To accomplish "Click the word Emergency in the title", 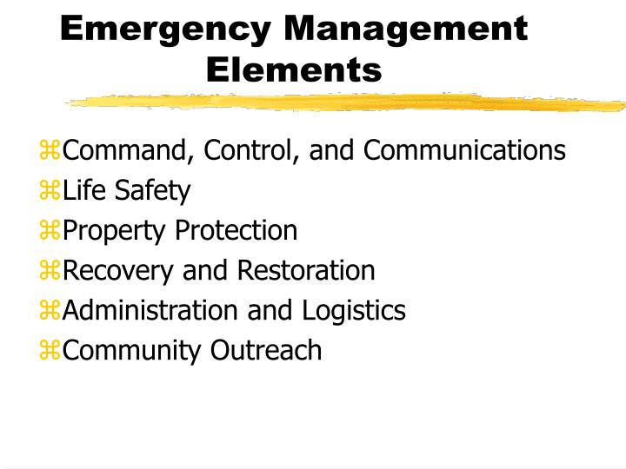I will click(x=165, y=30).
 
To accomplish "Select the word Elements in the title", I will click(x=295, y=69).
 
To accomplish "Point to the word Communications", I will click(x=464, y=151).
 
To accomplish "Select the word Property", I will click(x=115, y=231).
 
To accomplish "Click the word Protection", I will click(x=236, y=231).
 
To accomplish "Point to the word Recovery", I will click(x=119, y=271).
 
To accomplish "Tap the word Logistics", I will click(x=354, y=310).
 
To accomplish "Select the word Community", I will click(x=130, y=350).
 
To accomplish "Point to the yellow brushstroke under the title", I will click(x=348, y=103).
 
